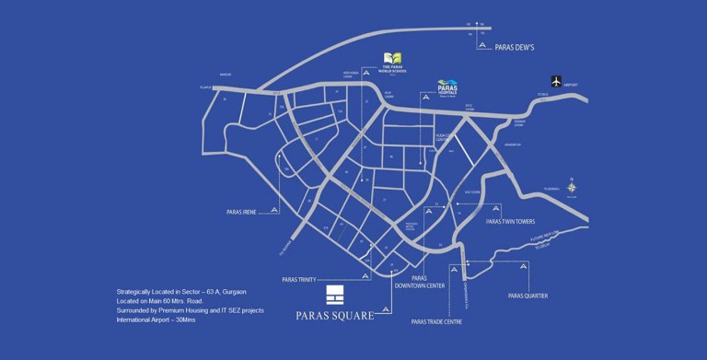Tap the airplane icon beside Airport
pyautogui.click(x=554, y=80)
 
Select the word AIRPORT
pyautogui.click(x=583, y=81)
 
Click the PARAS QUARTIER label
pyautogui.click(x=527, y=296)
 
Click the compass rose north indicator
pyautogui.click(x=572, y=187)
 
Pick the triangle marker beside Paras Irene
pyautogui.click(x=274, y=212)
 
